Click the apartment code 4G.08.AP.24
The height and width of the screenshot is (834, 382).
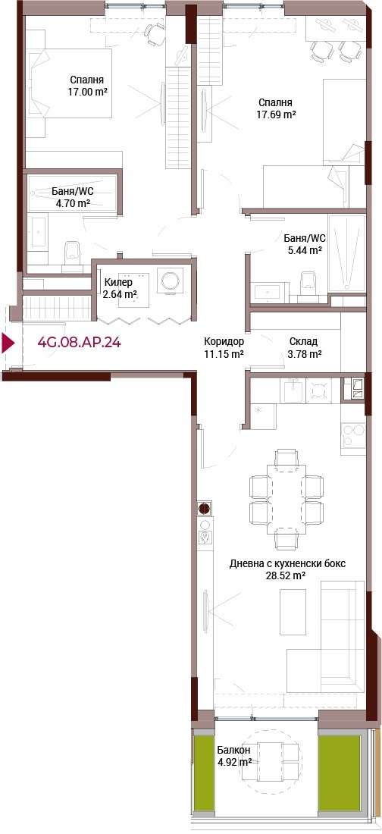pyautogui.click(x=79, y=342)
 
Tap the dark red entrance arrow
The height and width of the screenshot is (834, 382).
pyautogui.click(x=8, y=343)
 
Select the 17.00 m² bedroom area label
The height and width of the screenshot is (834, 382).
pyautogui.click(x=86, y=86)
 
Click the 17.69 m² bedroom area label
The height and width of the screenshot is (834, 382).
pyautogui.click(x=276, y=108)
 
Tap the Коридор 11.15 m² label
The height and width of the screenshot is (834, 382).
pyautogui.click(x=224, y=347)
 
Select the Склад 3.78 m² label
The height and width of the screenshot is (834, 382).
pyautogui.click(x=305, y=347)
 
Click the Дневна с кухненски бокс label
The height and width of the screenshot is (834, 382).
pyautogui.click(x=277, y=569)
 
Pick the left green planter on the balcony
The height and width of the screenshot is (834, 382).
pyautogui.click(x=202, y=773)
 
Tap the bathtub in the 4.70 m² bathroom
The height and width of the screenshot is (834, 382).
pyautogui.click(x=73, y=194)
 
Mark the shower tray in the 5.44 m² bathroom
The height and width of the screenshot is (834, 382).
pyautogui.click(x=347, y=254)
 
